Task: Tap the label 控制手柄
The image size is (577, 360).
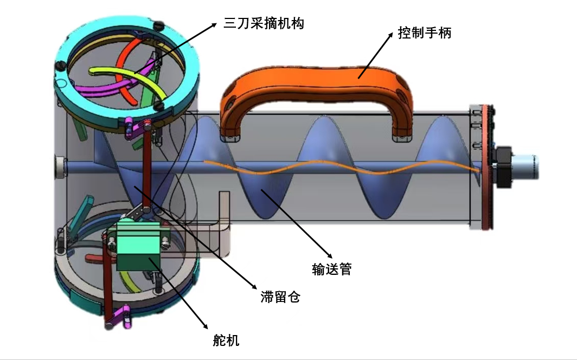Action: [x=425, y=33]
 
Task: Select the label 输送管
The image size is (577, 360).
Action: [x=332, y=269]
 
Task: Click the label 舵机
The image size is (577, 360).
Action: [x=226, y=340]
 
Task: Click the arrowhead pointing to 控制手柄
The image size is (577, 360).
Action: [x=390, y=35]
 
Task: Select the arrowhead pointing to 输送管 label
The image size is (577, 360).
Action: [x=330, y=254]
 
